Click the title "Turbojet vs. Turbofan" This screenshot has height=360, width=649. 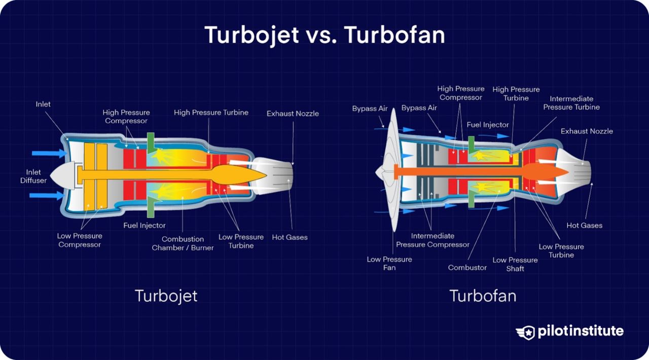(x=324, y=35)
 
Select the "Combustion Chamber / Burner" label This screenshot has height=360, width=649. (x=183, y=243)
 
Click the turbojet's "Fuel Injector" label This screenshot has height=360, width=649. (x=145, y=225)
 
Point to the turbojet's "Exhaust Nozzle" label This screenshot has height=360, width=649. (x=293, y=114)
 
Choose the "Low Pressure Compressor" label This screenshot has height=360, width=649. (x=80, y=240)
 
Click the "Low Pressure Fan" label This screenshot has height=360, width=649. (x=389, y=263)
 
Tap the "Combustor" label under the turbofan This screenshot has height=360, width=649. (x=467, y=267)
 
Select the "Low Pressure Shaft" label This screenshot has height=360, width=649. (x=515, y=264)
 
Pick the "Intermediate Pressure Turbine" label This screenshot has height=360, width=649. (x=571, y=103)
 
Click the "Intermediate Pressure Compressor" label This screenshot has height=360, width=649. (x=432, y=240)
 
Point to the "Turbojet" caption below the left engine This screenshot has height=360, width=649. (x=166, y=296)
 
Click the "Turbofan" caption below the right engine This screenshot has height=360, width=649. (x=483, y=296)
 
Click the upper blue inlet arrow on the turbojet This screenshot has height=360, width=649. (x=49, y=153)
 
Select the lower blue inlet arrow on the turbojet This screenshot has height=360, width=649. (x=49, y=195)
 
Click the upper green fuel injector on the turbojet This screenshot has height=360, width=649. (x=151, y=142)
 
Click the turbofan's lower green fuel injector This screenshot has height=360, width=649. (x=471, y=199)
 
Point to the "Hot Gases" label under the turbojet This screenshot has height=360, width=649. (x=290, y=237)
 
